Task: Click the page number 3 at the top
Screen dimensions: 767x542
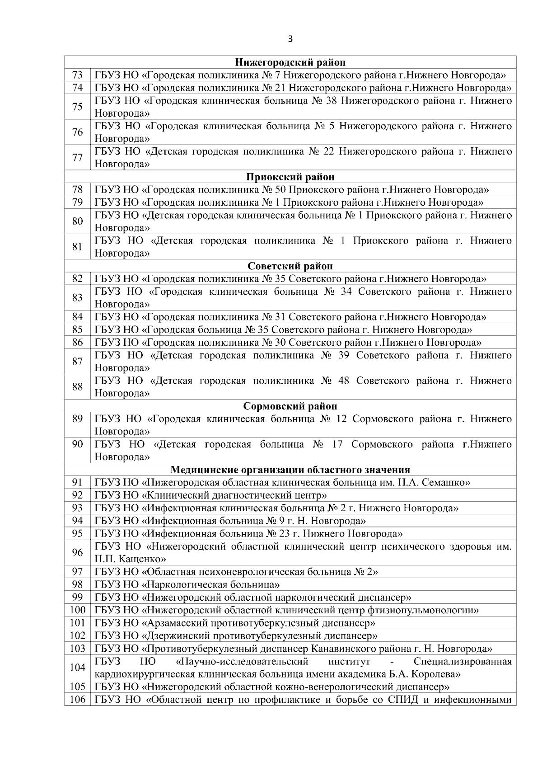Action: [290, 39]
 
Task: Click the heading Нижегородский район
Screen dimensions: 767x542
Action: [290, 62]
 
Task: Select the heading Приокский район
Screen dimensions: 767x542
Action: [290, 177]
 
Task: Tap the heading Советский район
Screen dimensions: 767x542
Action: [290, 266]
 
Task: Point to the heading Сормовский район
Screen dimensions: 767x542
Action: [290, 406]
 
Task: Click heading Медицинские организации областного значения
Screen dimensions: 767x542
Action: [290, 470]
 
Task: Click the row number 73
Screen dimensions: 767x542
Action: [78, 75]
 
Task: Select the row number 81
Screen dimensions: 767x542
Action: [78, 247]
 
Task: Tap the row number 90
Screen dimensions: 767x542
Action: [78, 444]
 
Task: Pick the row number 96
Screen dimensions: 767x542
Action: [78, 553]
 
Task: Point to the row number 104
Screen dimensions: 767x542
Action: [78, 668]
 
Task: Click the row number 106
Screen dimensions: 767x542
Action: [78, 700]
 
